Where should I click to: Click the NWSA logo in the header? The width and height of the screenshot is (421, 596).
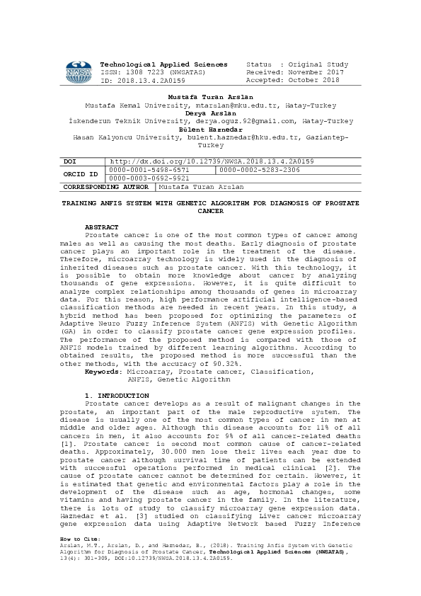[x=78, y=72]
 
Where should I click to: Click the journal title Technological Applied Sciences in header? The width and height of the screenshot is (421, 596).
[x=164, y=64]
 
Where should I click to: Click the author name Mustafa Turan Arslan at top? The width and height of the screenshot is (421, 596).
[x=210, y=96]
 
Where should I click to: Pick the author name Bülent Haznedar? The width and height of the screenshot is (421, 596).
[x=210, y=129]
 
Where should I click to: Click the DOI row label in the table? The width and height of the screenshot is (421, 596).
[x=69, y=161]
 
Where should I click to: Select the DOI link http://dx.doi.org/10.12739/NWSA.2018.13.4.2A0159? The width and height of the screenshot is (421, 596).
[x=212, y=161]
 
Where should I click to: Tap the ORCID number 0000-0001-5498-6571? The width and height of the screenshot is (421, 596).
[x=149, y=170]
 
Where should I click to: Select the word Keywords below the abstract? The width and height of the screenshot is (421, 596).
[x=103, y=371]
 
